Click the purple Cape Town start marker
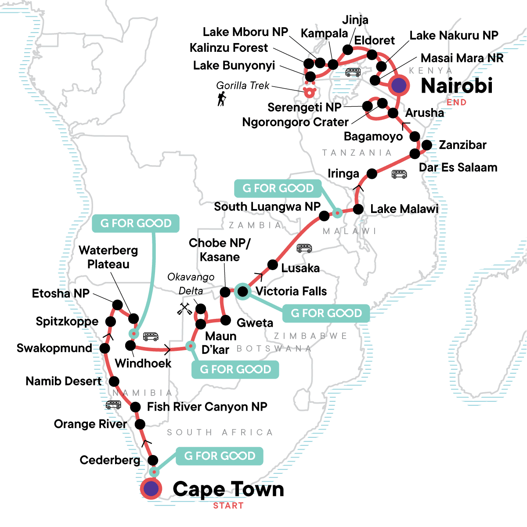click(151, 488)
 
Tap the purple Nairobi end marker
click(399, 85)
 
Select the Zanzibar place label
click(462, 145)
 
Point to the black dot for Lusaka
click(273, 265)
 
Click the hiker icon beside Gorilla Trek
click(222, 99)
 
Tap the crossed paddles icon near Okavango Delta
click(184, 309)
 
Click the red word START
click(228, 505)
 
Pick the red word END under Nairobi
click(456, 102)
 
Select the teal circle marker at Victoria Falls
click(242, 291)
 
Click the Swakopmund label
click(54, 348)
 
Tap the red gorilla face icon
click(310, 91)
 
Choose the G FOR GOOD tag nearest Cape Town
click(220, 456)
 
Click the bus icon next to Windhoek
click(151, 336)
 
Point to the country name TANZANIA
click(357, 153)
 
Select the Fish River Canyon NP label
click(207, 407)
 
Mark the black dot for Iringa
click(372, 173)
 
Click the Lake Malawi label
click(404, 209)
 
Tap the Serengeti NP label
click(304, 107)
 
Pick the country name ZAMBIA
click(255, 225)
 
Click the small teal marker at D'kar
click(190, 346)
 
